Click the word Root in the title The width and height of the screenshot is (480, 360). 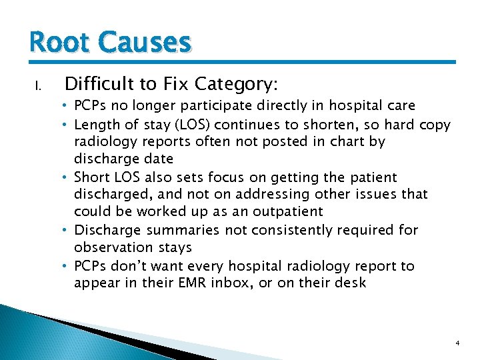pyautogui.click(x=61, y=43)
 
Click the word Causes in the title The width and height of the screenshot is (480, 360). pyautogui.click(x=145, y=43)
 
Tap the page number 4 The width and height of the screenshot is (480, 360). pyautogui.click(x=457, y=343)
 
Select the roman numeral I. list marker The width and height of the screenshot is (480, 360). pyautogui.click(x=39, y=85)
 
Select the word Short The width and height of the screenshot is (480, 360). pyautogui.click(x=92, y=177)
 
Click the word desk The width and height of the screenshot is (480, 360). pyautogui.click(x=351, y=283)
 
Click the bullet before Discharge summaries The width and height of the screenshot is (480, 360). pyautogui.click(x=67, y=230)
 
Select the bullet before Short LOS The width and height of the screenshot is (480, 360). pyautogui.click(x=67, y=177)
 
